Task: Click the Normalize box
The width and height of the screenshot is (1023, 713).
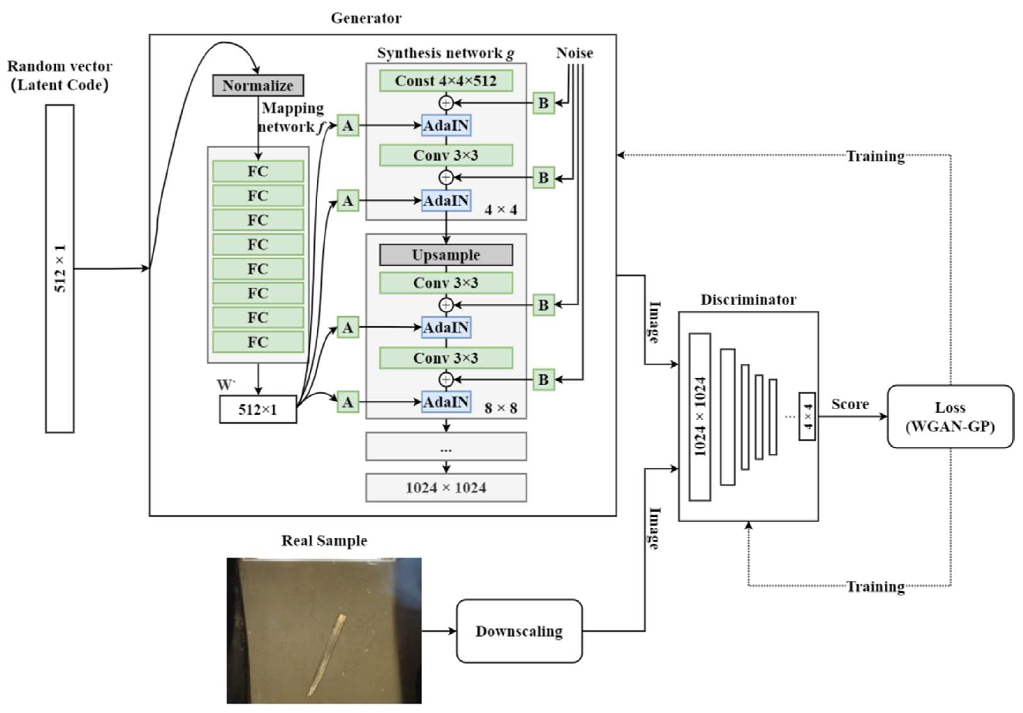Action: point(258,86)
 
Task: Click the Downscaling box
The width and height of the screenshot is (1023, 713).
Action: point(519,631)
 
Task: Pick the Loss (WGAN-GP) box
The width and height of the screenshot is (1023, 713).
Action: point(950,417)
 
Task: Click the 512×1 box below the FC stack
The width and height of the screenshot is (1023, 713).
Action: point(258,409)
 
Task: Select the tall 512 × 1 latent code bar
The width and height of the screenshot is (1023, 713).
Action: point(60,268)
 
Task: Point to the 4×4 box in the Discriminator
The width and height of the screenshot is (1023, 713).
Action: point(807,416)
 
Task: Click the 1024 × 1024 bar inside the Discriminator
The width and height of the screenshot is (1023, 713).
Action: point(699,417)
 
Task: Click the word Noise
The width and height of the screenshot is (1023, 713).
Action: point(574,53)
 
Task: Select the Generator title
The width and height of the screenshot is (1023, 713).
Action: point(366,18)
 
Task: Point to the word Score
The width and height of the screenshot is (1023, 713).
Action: point(850,404)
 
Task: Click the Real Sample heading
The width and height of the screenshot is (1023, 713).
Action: point(325,541)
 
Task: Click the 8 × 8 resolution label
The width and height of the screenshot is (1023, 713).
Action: point(501,408)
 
